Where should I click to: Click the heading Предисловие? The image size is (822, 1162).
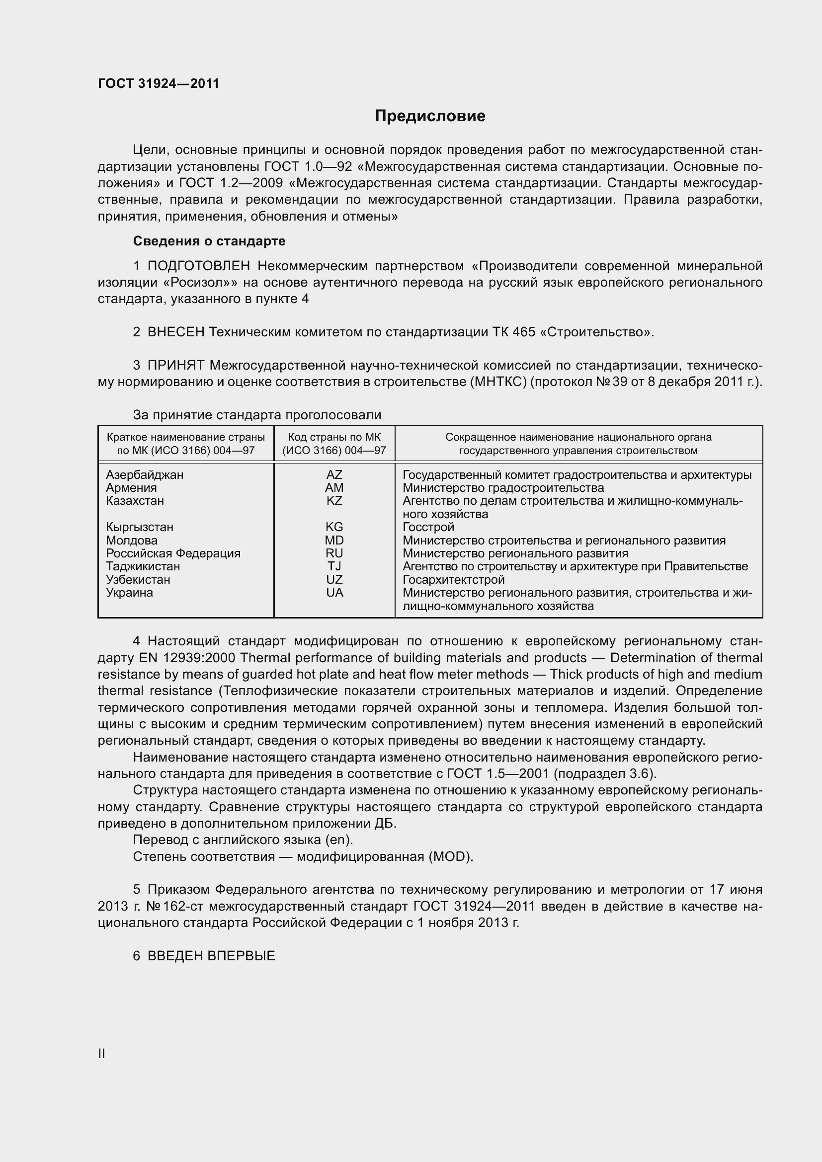(430, 116)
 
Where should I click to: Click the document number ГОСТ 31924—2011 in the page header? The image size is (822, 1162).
(159, 83)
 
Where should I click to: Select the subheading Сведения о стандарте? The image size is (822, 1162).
(209, 241)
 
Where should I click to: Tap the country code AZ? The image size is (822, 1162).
(334, 475)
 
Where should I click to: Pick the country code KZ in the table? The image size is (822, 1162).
(334, 501)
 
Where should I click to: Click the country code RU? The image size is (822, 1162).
(334, 553)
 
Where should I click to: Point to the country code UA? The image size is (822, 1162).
(334, 592)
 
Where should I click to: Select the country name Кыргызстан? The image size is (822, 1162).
(140, 527)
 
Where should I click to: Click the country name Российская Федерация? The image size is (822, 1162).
(173, 553)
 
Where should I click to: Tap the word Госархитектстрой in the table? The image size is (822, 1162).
(454, 579)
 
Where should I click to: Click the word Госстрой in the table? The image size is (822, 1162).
(428, 527)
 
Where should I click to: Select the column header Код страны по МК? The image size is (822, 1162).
(334, 437)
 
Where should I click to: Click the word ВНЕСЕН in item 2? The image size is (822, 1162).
(175, 332)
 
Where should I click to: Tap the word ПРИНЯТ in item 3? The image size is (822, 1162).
(175, 365)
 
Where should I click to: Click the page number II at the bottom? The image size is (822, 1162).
(101, 1054)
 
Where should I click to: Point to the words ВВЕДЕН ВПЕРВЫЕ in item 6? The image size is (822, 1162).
(211, 955)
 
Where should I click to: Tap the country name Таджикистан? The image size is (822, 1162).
(143, 566)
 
